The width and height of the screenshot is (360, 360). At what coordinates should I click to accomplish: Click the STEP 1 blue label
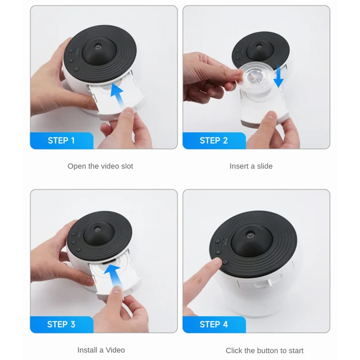61,140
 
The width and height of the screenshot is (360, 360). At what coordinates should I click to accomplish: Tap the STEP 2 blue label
214,140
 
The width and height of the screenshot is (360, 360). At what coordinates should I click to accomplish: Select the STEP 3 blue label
61,324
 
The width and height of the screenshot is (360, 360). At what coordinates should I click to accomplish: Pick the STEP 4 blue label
214,324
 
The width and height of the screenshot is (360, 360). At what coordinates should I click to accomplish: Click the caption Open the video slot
100,166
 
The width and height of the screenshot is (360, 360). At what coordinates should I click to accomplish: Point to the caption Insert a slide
251,166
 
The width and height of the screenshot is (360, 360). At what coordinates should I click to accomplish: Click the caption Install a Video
101,350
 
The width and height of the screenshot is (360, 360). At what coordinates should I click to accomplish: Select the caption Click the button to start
265,350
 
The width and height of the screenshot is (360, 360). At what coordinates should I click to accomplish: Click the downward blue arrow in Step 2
279,76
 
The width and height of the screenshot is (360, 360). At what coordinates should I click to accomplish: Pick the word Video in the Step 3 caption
116,350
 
